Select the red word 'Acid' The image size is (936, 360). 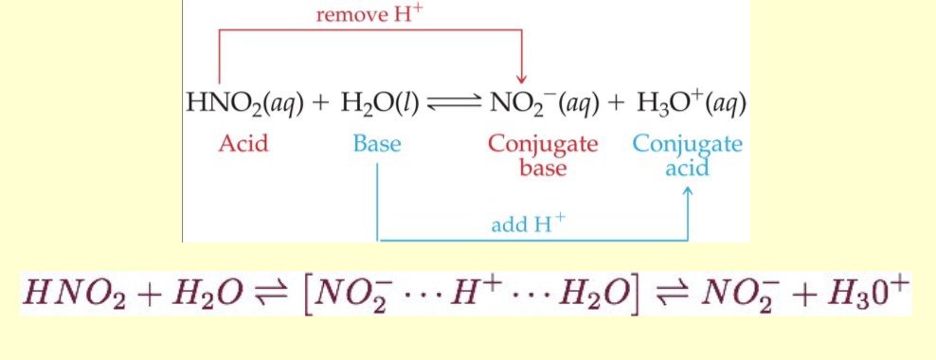click(243, 144)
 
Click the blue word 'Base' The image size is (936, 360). click(377, 144)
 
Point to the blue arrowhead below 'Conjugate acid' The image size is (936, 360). click(688, 192)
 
